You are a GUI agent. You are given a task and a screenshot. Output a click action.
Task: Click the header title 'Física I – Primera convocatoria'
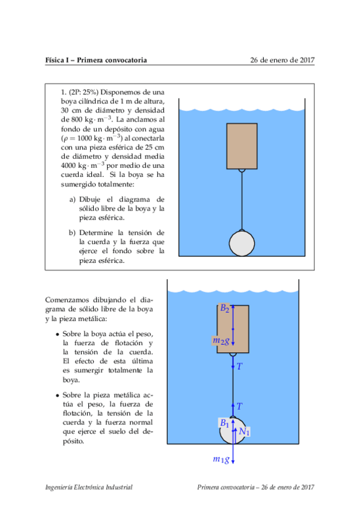tap(96, 60)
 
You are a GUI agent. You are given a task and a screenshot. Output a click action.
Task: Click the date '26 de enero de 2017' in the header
tap(282, 60)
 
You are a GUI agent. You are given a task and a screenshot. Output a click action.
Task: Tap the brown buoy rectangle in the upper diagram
tap(242, 146)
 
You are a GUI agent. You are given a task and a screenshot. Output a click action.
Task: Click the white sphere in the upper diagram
tap(242, 244)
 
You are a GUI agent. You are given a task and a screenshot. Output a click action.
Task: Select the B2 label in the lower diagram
tap(225, 309)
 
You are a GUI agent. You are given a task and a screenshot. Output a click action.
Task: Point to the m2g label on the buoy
tap(221, 341)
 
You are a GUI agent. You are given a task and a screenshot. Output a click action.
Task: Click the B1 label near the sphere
tap(224, 423)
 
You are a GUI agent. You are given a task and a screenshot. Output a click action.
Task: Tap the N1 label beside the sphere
tap(243, 431)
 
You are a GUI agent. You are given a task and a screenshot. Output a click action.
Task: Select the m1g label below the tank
tap(221, 459)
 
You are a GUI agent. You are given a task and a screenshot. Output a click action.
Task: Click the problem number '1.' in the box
tap(64, 92)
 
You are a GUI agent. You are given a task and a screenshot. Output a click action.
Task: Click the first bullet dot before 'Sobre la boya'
tap(57, 334)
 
